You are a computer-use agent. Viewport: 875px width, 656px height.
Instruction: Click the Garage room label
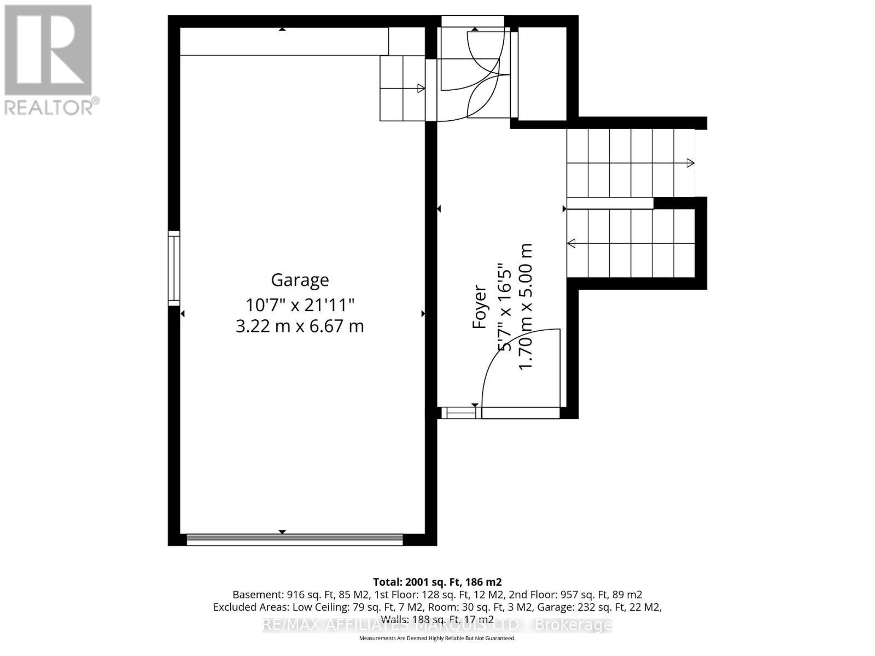point(300,280)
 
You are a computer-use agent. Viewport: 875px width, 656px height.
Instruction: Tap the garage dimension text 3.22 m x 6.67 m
point(300,326)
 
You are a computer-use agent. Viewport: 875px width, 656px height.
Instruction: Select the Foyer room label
point(480,307)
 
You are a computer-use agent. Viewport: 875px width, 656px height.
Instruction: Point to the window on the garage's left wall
point(173,268)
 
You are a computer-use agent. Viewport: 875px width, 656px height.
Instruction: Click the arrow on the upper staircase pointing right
point(690,163)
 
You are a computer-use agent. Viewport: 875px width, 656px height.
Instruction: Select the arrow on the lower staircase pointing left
point(571,243)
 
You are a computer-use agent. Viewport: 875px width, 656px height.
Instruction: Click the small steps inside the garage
point(402,88)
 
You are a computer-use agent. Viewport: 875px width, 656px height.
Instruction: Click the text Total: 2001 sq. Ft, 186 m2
point(437,582)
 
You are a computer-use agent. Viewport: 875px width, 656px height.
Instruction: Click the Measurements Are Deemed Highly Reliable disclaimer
point(437,638)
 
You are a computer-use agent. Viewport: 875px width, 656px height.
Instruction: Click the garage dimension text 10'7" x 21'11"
point(300,304)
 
